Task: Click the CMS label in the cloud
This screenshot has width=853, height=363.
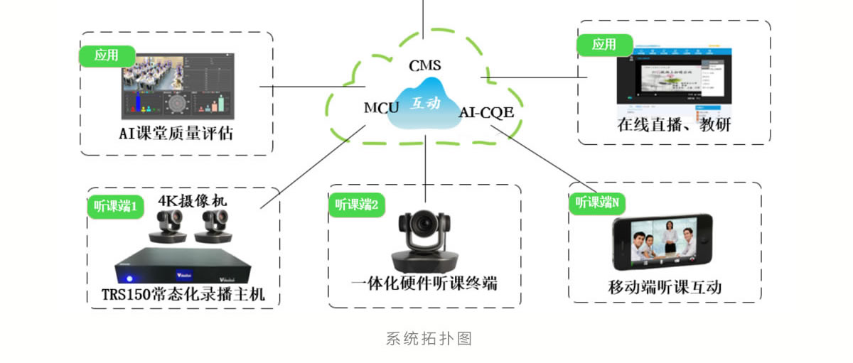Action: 425,65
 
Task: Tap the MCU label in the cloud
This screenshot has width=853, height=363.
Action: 381,108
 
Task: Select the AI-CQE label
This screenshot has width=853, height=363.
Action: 486,112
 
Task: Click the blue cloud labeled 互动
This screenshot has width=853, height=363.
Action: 426,104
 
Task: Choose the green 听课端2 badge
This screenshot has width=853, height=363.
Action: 358,205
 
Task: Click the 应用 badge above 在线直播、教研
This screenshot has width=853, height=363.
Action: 604,45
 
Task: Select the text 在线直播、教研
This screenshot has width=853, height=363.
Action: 674,125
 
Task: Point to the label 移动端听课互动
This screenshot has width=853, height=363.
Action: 665,287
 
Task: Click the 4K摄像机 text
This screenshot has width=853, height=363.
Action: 188,200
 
